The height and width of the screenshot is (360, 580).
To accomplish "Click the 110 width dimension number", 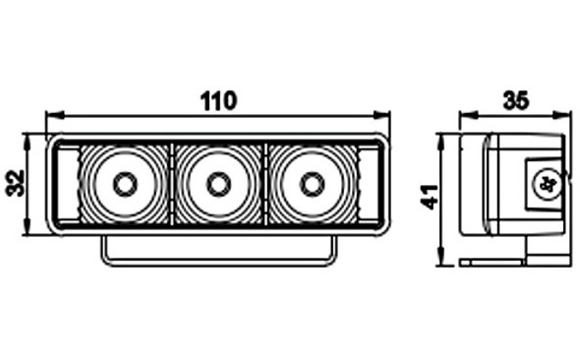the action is point(218,100).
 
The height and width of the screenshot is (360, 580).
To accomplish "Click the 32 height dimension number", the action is point(16,183).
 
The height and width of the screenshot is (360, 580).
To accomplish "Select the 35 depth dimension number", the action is point(516,100).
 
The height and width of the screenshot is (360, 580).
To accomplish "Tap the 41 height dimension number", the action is point(430,197).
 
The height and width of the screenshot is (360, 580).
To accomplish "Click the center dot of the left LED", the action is point(126,184).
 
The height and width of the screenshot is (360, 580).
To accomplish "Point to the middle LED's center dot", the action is point(219,184).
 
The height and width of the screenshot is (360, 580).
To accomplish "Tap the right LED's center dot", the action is point(313,184).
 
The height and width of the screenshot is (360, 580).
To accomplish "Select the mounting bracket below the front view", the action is point(219,251).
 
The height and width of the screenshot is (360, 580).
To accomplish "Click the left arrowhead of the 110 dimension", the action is point(54,115).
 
